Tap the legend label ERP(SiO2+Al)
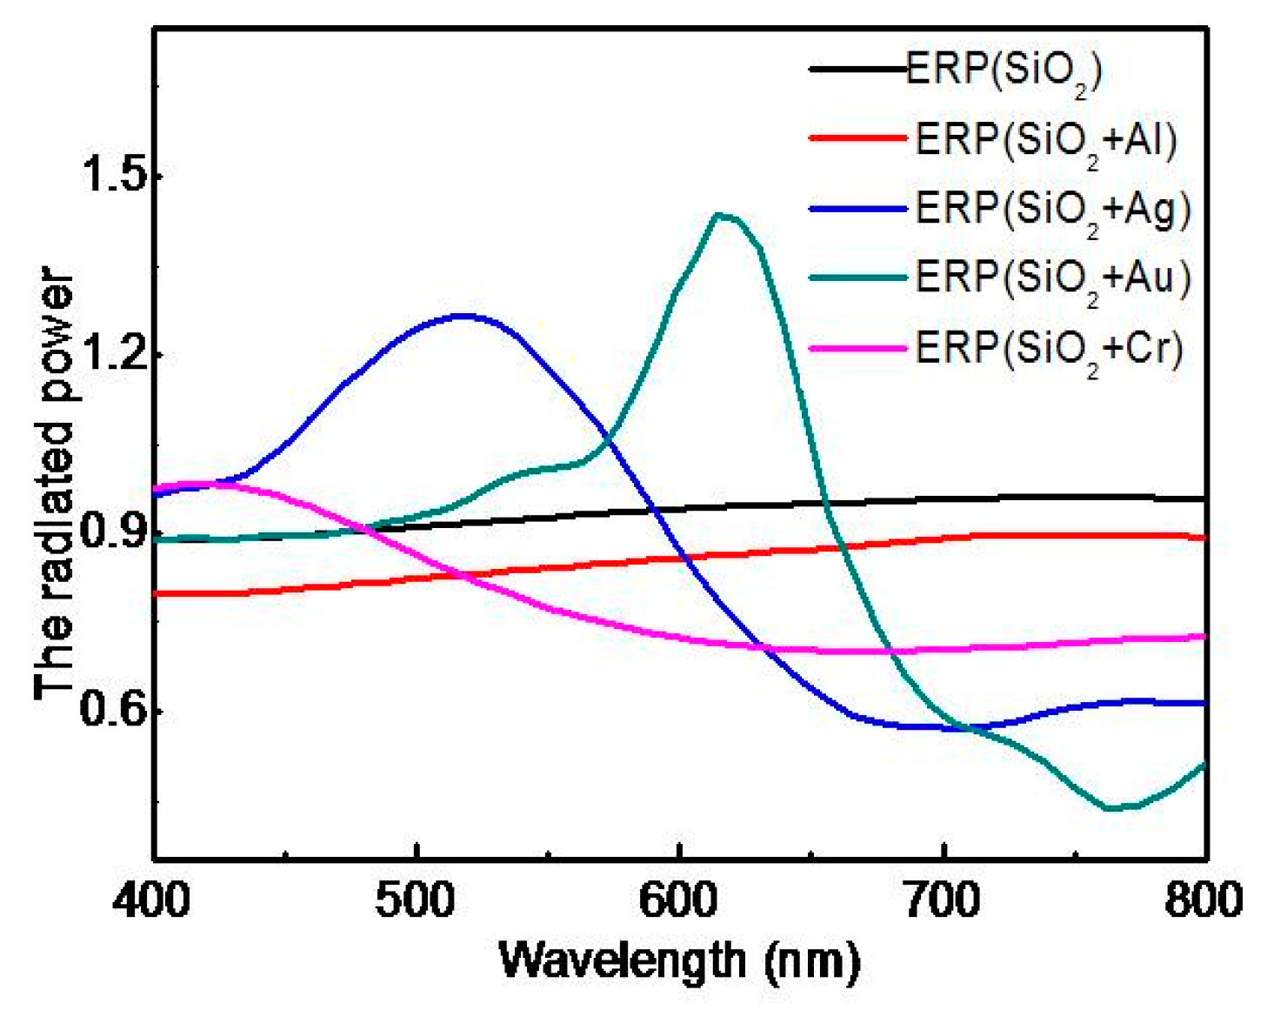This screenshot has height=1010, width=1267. click(1046, 141)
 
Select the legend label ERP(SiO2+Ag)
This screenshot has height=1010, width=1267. click(1052, 210)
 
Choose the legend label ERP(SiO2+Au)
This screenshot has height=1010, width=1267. click(1052, 278)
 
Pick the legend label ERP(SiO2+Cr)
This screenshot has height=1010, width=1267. click(1049, 349)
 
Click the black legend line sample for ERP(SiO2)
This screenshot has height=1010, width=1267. click(857, 69)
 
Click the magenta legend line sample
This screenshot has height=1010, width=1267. click(857, 349)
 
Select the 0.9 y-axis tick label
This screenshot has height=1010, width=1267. click(110, 533)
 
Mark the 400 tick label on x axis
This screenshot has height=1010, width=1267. click(152, 900)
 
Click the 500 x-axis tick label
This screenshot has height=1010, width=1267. click(416, 900)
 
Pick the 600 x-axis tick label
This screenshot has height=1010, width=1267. click(678, 900)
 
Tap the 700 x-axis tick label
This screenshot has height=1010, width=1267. click(943, 900)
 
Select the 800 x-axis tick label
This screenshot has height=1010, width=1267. click(1204, 900)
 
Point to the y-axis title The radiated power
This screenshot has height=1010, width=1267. click(54, 483)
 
